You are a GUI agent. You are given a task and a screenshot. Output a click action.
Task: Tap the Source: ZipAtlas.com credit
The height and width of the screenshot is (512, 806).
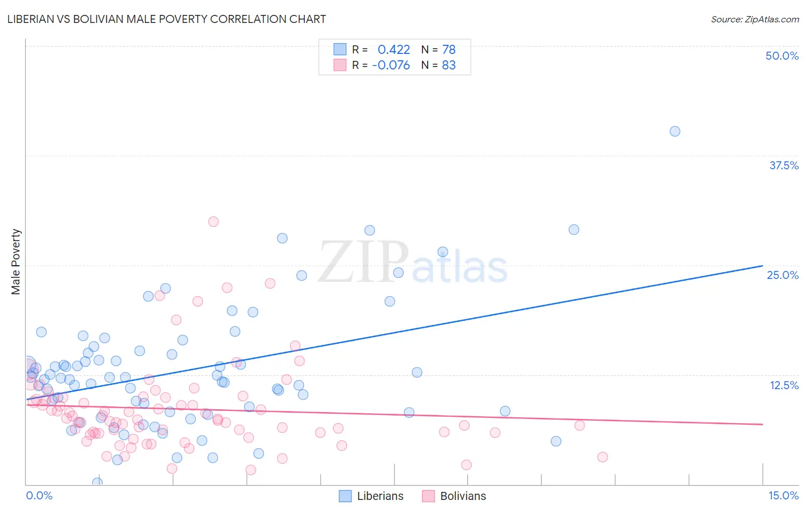tap(754, 19)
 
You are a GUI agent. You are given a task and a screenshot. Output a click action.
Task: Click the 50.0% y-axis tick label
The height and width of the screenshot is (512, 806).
tap(782, 56)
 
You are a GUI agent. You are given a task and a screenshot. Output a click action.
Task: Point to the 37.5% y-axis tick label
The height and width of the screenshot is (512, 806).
tap(784, 165)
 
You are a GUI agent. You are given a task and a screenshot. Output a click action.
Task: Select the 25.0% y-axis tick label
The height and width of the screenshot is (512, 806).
tap(782, 275)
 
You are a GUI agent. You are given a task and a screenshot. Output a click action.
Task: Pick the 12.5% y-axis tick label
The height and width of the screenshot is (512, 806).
tap(784, 385)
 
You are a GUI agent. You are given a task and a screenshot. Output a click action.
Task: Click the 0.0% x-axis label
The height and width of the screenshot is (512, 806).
tap(39, 495)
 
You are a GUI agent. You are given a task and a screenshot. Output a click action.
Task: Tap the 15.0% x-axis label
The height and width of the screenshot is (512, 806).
tap(783, 495)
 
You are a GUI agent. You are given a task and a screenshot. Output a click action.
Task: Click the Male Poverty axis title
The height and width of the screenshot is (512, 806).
tap(16, 262)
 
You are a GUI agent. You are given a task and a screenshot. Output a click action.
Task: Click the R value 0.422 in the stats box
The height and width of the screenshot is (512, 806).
tap(394, 50)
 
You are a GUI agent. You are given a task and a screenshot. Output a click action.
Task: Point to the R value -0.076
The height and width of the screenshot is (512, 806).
tap(391, 65)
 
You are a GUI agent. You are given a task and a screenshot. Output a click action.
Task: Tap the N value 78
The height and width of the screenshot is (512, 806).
tap(449, 50)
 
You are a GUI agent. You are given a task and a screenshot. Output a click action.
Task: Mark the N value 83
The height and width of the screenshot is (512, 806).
tap(449, 65)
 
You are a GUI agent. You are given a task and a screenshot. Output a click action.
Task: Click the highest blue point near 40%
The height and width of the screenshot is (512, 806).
tap(675, 131)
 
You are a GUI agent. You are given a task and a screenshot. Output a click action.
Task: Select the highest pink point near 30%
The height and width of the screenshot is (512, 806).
tap(213, 222)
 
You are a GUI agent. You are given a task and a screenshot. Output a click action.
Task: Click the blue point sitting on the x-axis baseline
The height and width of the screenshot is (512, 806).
tap(97, 482)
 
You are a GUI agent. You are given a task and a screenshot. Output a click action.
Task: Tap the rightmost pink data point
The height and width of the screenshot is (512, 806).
tap(602, 457)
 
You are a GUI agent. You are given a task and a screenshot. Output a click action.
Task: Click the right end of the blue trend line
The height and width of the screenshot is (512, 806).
tap(762, 266)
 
